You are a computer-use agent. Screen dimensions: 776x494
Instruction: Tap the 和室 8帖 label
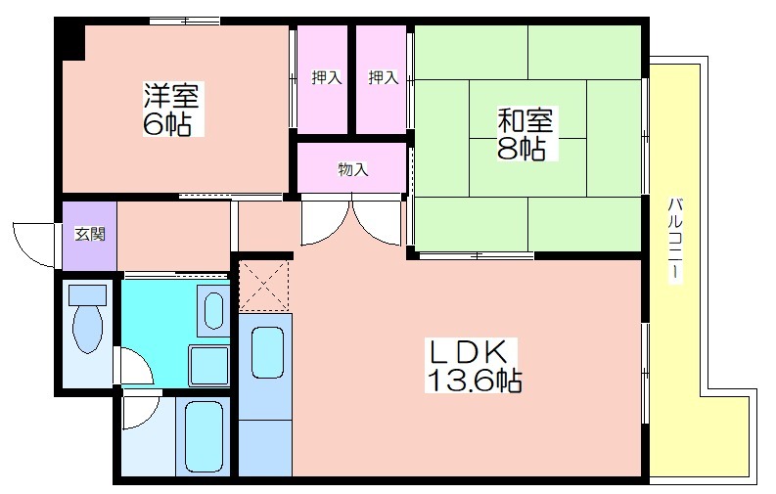[525, 133]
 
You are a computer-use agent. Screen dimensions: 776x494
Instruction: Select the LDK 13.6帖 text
[472, 366]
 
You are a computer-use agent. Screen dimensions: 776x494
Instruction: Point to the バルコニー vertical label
[676, 241]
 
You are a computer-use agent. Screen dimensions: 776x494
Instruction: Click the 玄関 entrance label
[90, 234]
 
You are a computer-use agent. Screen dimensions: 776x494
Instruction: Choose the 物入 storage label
[353, 169]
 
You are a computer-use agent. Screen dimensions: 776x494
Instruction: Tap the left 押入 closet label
[326, 77]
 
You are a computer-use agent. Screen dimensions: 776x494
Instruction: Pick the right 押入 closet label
[383, 77]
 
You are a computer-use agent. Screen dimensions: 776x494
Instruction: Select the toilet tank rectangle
[88, 295]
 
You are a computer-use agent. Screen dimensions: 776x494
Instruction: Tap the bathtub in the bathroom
[204, 436]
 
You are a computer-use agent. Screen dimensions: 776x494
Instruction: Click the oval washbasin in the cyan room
[213, 310]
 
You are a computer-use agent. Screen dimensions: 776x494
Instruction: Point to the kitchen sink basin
[268, 352]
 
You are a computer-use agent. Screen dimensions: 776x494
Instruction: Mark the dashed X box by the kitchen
[264, 286]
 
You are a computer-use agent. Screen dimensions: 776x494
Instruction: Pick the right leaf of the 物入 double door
[377, 220]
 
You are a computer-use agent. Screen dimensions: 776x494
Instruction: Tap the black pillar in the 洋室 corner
[70, 40]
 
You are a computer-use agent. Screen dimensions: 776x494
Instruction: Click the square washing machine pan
[208, 366]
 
